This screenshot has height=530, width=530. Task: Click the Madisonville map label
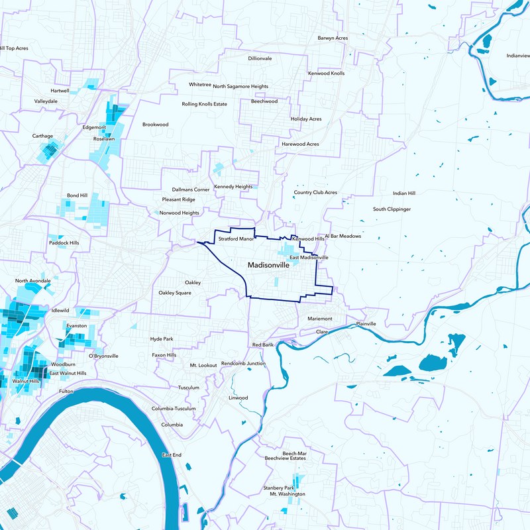coord(272,264)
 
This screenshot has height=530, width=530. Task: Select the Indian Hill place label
coord(403,193)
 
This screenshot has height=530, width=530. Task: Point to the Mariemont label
coord(319,319)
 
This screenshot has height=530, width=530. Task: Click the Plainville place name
coord(366,324)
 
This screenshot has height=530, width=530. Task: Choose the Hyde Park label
coord(162,339)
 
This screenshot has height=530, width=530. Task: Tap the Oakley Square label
coord(175,292)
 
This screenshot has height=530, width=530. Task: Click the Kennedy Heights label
coord(233,187)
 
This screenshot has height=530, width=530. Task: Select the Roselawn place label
coord(104,139)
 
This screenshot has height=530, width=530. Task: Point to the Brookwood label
coord(156,124)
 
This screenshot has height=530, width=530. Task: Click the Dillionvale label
coord(260,58)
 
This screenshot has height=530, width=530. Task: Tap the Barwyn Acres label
coord(333,38)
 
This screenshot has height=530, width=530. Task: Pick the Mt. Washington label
coord(287,494)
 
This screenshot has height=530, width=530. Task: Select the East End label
coord(172,455)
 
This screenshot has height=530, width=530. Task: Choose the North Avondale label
coord(33,281)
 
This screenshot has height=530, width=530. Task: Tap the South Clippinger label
coord(392,209)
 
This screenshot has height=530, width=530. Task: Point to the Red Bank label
coord(263,345)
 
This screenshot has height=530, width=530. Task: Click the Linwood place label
coord(238,397)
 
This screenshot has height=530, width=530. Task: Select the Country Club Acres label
coord(315,193)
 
